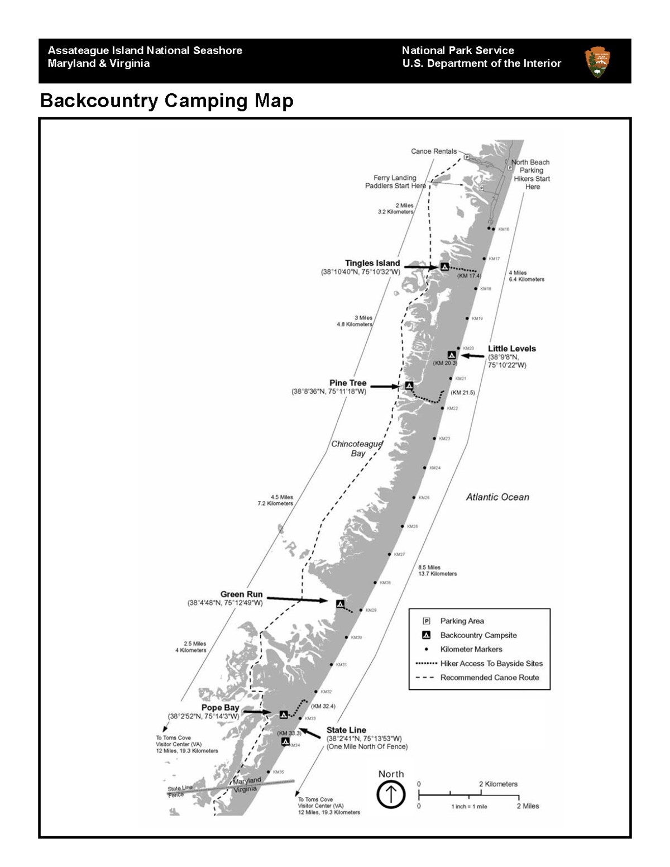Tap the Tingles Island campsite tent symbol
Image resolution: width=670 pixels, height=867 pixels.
[x=444, y=267]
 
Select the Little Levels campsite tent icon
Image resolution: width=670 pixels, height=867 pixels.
[x=452, y=355]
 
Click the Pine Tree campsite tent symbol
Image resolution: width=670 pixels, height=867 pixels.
[x=409, y=385]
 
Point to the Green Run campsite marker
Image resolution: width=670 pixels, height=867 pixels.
[x=339, y=603]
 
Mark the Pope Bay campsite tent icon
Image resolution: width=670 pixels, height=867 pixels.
[x=284, y=714]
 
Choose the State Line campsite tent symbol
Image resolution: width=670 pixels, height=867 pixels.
[x=285, y=742]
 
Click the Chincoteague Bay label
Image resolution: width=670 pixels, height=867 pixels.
[x=357, y=449]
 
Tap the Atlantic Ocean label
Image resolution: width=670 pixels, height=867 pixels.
[x=497, y=497]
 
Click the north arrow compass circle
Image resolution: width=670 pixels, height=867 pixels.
[x=391, y=794]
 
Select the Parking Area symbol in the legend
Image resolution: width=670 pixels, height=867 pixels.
[x=427, y=621]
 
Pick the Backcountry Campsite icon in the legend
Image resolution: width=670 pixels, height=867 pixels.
[x=427, y=635]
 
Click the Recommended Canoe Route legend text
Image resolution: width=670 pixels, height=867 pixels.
[x=490, y=678]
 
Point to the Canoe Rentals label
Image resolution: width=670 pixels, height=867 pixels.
[x=433, y=151]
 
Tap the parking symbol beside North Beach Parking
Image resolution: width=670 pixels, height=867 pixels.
[x=510, y=168]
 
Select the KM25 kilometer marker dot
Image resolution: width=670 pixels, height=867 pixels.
[x=414, y=497]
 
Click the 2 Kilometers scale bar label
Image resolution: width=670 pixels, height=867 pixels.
[x=498, y=784]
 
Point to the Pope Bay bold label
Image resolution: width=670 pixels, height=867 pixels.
[x=220, y=708]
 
